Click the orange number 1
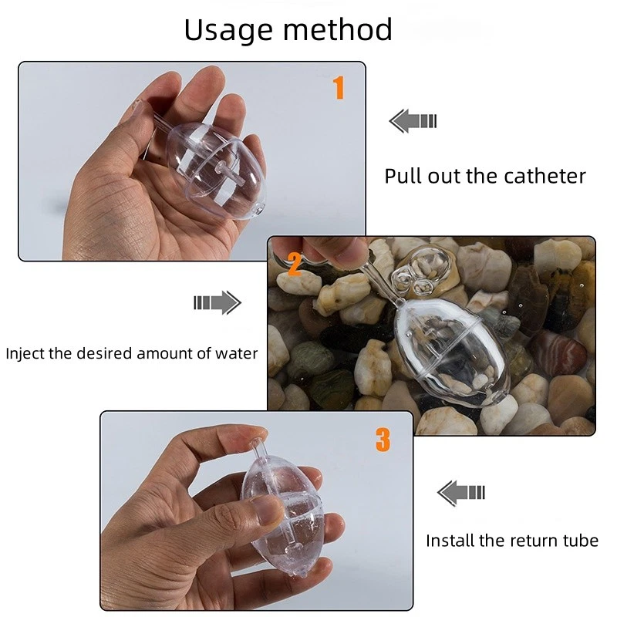[338, 88]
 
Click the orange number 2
[294, 264]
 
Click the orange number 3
[383, 440]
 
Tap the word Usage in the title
[229, 30]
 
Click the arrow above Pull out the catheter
[413, 120]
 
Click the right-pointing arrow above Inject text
[217, 302]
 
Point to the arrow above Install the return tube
[461, 491]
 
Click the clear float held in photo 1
[216, 166]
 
